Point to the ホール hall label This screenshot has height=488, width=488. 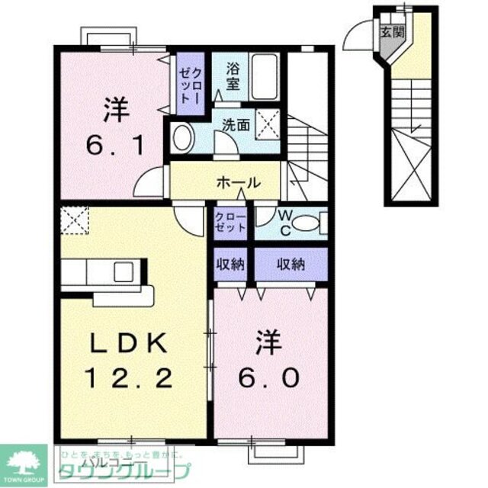239,183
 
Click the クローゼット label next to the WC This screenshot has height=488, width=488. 232,222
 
